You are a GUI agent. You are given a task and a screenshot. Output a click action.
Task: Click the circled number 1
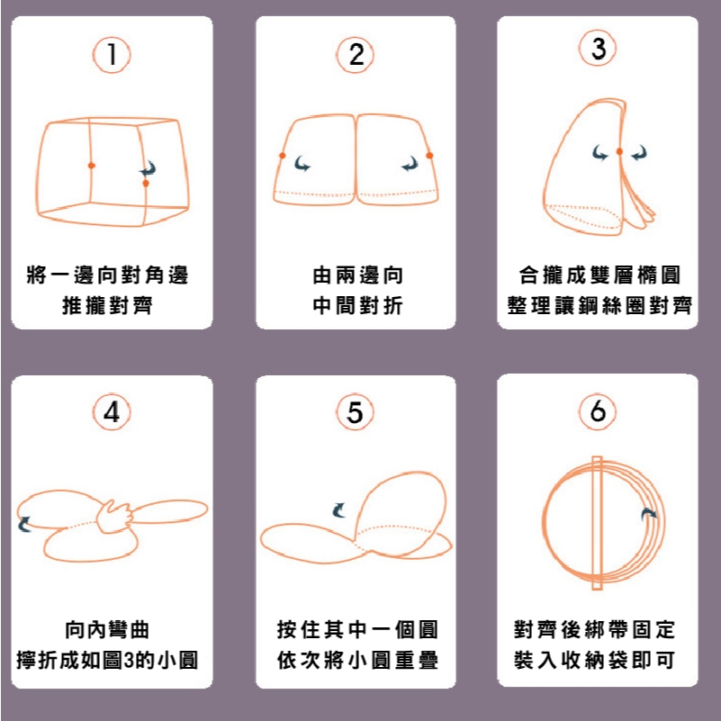112,55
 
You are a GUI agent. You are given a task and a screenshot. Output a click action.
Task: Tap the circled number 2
355,55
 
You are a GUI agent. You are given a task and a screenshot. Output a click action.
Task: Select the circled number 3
598,48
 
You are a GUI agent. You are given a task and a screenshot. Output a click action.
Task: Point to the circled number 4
112,411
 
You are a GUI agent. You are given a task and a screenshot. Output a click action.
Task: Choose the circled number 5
355,411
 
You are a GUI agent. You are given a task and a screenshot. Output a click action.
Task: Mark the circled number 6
598,410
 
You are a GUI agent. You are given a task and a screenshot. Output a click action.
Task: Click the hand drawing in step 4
114,517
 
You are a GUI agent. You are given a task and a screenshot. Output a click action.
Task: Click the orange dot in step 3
619,151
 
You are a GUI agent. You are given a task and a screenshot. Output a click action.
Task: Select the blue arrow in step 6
649,514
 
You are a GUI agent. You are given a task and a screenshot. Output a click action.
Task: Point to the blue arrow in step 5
338,509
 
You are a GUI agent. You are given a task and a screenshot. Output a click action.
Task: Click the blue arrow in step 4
24,524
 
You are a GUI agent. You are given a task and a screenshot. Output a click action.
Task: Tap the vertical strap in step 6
597,523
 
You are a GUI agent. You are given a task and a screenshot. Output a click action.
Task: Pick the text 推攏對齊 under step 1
107,305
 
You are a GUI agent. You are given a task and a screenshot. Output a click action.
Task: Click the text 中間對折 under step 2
357,305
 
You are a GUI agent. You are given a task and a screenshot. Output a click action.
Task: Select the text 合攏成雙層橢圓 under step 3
599,275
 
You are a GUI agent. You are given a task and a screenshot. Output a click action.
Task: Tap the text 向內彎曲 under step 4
107,630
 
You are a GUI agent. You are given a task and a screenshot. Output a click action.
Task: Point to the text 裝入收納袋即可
595,661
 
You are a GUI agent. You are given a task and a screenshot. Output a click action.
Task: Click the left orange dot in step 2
283,156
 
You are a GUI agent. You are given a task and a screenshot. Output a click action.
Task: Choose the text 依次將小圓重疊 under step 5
357,661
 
